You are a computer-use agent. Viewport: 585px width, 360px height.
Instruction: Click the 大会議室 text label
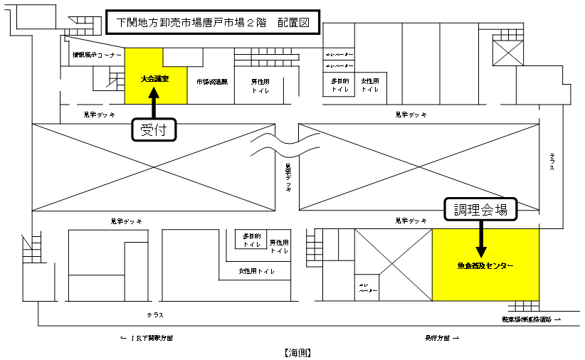(155, 78)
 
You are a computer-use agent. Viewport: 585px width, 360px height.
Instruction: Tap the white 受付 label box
(154, 130)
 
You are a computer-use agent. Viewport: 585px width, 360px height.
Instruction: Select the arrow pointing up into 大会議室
(154, 95)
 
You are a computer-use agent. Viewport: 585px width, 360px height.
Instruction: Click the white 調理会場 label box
(480, 209)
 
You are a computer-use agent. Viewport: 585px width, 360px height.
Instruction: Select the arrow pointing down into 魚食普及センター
(481, 243)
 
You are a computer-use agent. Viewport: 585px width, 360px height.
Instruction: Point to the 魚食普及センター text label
(485, 266)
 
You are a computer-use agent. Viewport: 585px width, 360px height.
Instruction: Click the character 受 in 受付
(147, 130)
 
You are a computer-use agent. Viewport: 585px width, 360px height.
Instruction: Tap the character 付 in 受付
(162, 130)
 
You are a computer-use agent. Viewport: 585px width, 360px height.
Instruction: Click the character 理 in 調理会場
(473, 209)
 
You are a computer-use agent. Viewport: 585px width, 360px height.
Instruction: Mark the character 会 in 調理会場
(487, 209)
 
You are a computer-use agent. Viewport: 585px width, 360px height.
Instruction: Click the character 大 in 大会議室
(144, 78)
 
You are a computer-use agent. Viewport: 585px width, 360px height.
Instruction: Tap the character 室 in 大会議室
(166, 78)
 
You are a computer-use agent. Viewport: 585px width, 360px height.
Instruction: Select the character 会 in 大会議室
(152, 78)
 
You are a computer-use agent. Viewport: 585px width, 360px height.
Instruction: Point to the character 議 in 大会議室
(159, 78)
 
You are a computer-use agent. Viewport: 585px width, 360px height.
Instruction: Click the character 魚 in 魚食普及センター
(460, 266)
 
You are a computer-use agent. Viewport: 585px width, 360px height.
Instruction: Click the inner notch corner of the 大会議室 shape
(164, 67)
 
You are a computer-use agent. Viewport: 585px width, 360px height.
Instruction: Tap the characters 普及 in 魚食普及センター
(479, 266)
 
